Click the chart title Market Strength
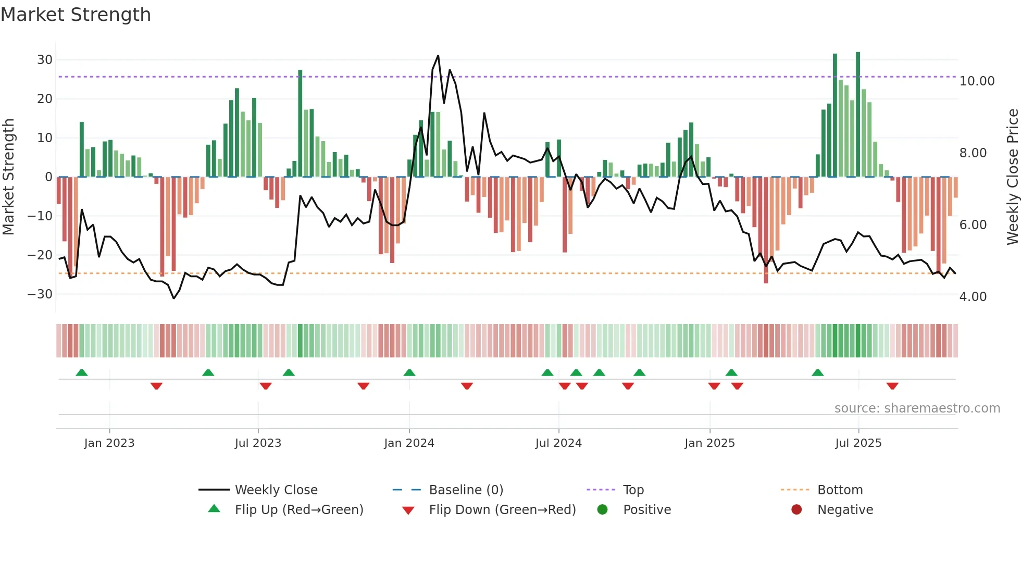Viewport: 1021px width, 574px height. [x=76, y=15]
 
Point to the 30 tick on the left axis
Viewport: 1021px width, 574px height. [x=45, y=60]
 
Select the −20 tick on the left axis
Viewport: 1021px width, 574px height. [x=40, y=255]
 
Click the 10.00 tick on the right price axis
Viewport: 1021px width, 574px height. [x=977, y=81]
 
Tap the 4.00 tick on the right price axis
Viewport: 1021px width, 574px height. [x=973, y=297]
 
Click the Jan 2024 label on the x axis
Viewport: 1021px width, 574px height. [x=409, y=443]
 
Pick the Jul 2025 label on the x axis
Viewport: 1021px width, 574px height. [x=858, y=443]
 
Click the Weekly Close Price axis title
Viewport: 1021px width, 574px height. [x=1012, y=177]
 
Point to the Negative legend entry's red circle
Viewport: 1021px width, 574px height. [x=796, y=509]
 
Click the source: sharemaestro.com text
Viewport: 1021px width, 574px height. [x=917, y=408]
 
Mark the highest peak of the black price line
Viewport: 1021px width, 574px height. [x=438, y=56]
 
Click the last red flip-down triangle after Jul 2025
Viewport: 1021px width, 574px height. [x=892, y=386]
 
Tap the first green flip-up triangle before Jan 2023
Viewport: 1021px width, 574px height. [x=82, y=372]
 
